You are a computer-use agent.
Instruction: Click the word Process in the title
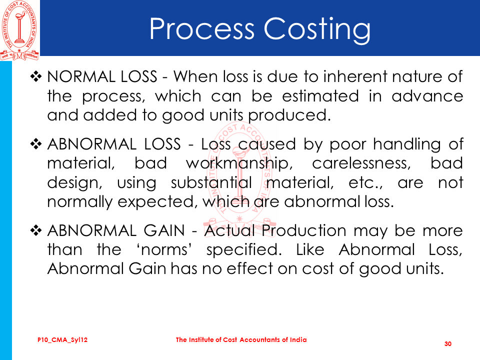(x=202, y=28)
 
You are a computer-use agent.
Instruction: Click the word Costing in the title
(x=317, y=30)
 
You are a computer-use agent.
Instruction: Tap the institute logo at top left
(x=19, y=30)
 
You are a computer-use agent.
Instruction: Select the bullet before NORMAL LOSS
(x=36, y=76)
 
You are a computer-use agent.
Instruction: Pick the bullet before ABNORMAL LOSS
(x=36, y=144)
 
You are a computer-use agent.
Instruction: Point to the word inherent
(x=355, y=76)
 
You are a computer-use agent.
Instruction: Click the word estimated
(x=320, y=96)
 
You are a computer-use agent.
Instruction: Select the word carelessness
(x=361, y=163)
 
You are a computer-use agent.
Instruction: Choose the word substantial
(x=211, y=182)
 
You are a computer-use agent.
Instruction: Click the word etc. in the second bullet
(x=365, y=183)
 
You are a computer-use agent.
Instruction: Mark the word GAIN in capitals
(x=164, y=230)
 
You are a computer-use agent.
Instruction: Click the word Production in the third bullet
(x=303, y=230)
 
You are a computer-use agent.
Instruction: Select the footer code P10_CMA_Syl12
(x=62, y=340)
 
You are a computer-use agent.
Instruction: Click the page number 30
(x=448, y=344)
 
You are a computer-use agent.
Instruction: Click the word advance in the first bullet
(x=427, y=96)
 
